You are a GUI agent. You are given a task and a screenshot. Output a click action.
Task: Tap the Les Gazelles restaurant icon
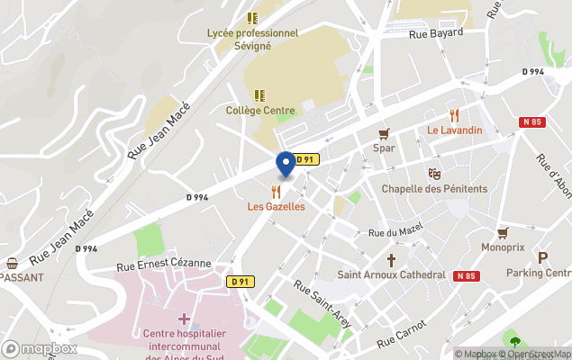click(277, 192)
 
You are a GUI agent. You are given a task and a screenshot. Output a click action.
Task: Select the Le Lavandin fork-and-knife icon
click(454, 115)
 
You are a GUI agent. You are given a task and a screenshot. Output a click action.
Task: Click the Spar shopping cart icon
click(385, 133)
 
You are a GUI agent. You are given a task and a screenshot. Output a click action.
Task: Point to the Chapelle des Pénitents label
click(434, 188)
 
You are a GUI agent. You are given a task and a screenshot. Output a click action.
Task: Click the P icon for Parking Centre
click(542, 257)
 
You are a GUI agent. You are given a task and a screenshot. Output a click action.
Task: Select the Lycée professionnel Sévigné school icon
click(252, 18)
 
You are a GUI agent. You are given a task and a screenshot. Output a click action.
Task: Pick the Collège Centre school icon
click(259, 94)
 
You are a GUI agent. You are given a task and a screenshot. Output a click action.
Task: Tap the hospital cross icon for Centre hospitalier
click(184, 319)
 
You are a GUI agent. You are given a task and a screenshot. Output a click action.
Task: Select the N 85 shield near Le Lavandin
click(531, 121)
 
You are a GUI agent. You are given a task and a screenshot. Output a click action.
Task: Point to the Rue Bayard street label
click(435, 33)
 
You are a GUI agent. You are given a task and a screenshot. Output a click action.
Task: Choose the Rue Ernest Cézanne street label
click(163, 264)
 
